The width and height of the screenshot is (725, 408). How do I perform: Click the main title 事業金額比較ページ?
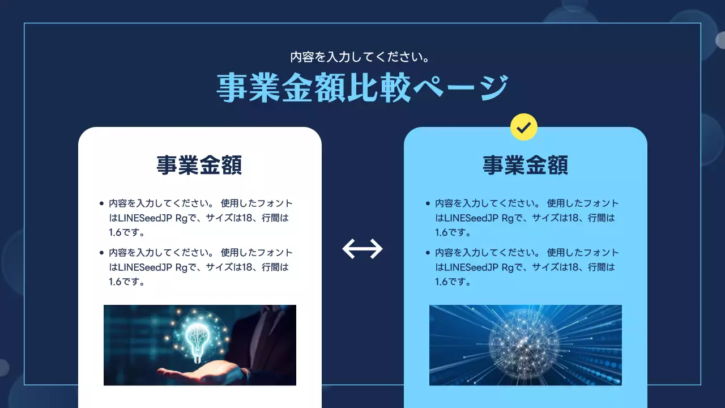click(x=362, y=88)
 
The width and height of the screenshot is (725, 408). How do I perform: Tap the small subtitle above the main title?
click(x=362, y=57)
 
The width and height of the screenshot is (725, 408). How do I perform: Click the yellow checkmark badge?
click(x=524, y=127)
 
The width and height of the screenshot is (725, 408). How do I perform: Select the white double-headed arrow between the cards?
click(x=362, y=249)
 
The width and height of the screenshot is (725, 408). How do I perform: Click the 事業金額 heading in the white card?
click(x=199, y=166)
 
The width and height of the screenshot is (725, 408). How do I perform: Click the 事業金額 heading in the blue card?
click(x=525, y=166)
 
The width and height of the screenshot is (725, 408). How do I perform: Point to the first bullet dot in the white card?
click(x=101, y=203)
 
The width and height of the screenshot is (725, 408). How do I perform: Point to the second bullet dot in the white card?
click(x=101, y=253)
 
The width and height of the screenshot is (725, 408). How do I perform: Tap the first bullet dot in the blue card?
click(x=428, y=203)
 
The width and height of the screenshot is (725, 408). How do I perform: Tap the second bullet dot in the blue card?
click(x=428, y=253)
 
